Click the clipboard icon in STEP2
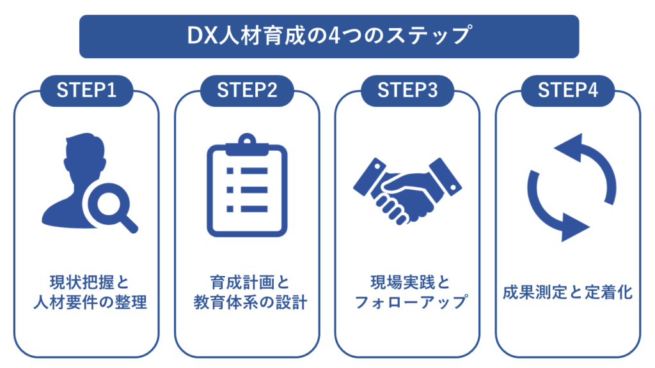click(247, 185)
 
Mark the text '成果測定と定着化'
click(568, 293)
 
